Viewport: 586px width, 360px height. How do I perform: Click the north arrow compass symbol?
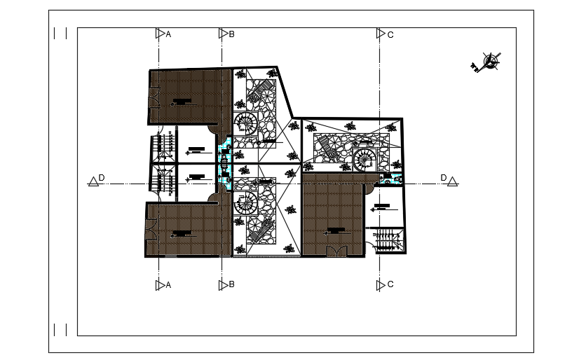(491, 62)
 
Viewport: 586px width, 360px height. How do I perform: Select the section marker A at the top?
(160, 33)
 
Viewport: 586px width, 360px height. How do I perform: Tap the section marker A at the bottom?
(160, 284)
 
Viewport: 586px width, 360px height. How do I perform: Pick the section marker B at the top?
(223, 33)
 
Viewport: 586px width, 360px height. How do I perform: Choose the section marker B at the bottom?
(223, 284)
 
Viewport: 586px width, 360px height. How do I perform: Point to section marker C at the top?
(381, 33)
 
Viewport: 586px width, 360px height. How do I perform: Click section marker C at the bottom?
(381, 284)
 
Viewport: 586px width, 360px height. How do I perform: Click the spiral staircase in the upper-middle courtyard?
(246, 124)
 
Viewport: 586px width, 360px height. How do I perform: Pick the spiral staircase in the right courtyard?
(364, 159)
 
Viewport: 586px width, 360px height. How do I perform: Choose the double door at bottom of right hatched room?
(336, 251)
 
